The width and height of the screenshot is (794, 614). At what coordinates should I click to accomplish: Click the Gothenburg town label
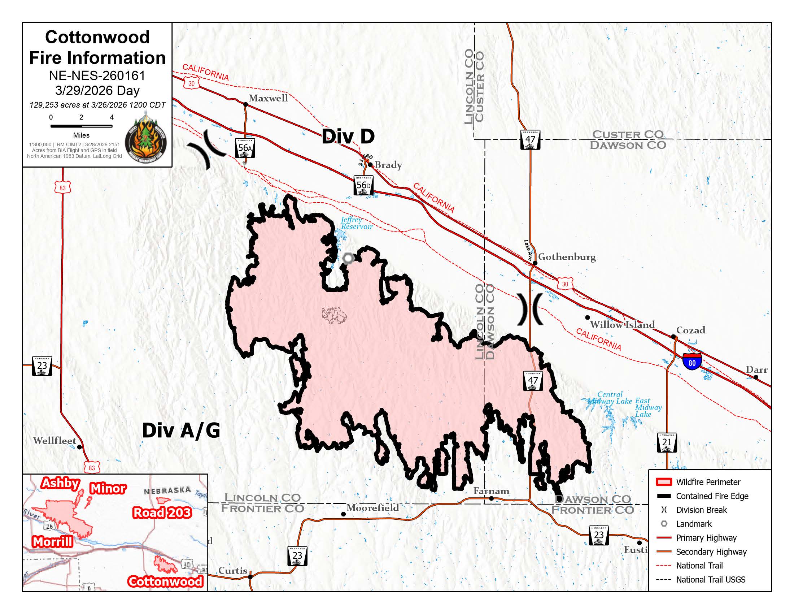(567, 257)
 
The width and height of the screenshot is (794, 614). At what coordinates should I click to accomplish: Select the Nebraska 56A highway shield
(245, 148)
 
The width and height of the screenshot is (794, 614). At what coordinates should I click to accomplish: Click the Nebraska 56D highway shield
(363, 185)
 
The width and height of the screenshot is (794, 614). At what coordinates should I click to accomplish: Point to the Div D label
(348, 137)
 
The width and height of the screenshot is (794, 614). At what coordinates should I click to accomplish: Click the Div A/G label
(181, 431)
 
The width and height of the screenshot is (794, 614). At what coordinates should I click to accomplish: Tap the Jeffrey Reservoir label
(356, 223)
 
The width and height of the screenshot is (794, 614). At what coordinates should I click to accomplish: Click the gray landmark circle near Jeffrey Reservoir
(348, 258)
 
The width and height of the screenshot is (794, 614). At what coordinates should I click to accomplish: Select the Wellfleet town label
(54, 441)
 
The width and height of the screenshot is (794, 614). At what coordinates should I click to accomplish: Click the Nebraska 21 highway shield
(667, 442)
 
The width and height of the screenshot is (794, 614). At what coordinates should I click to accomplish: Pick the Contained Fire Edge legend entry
(711, 496)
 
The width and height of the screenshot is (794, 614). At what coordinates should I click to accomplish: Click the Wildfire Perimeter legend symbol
(663, 482)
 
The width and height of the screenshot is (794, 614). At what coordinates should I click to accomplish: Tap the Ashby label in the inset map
(60, 483)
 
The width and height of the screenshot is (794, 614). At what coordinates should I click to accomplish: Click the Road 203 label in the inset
(162, 513)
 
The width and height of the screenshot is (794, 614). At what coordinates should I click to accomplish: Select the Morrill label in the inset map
(52, 542)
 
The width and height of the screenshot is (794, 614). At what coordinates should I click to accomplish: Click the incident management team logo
(145, 140)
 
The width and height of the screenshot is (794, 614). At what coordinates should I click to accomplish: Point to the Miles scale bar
(81, 126)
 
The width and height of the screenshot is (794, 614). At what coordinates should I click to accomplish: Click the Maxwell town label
(268, 98)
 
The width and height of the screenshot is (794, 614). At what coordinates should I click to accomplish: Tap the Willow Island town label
(622, 324)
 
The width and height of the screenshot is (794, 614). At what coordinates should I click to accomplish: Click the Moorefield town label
(372, 508)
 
